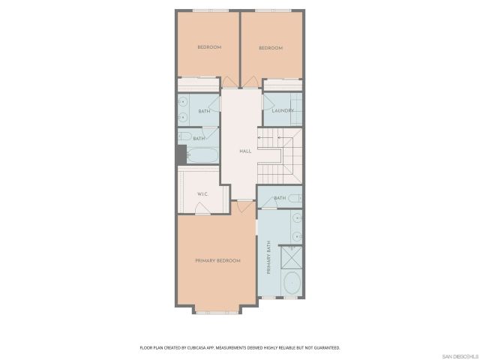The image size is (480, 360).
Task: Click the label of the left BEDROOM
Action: tap(209, 47)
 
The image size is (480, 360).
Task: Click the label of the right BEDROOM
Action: tap(271, 48)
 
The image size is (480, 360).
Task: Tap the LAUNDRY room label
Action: tap(283, 111)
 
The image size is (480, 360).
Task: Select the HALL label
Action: tap(244, 151)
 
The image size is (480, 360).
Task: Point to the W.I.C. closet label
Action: tap(202, 194)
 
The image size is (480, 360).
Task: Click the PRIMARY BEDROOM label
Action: tap(217, 260)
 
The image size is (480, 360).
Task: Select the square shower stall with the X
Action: tap(292, 256)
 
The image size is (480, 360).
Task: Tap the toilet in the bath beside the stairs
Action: tap(295, 198)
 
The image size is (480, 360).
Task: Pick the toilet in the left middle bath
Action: tap(183, 136)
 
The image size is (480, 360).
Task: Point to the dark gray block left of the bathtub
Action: tap(181, 154)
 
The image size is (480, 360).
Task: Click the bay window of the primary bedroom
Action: tap(217, 310)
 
